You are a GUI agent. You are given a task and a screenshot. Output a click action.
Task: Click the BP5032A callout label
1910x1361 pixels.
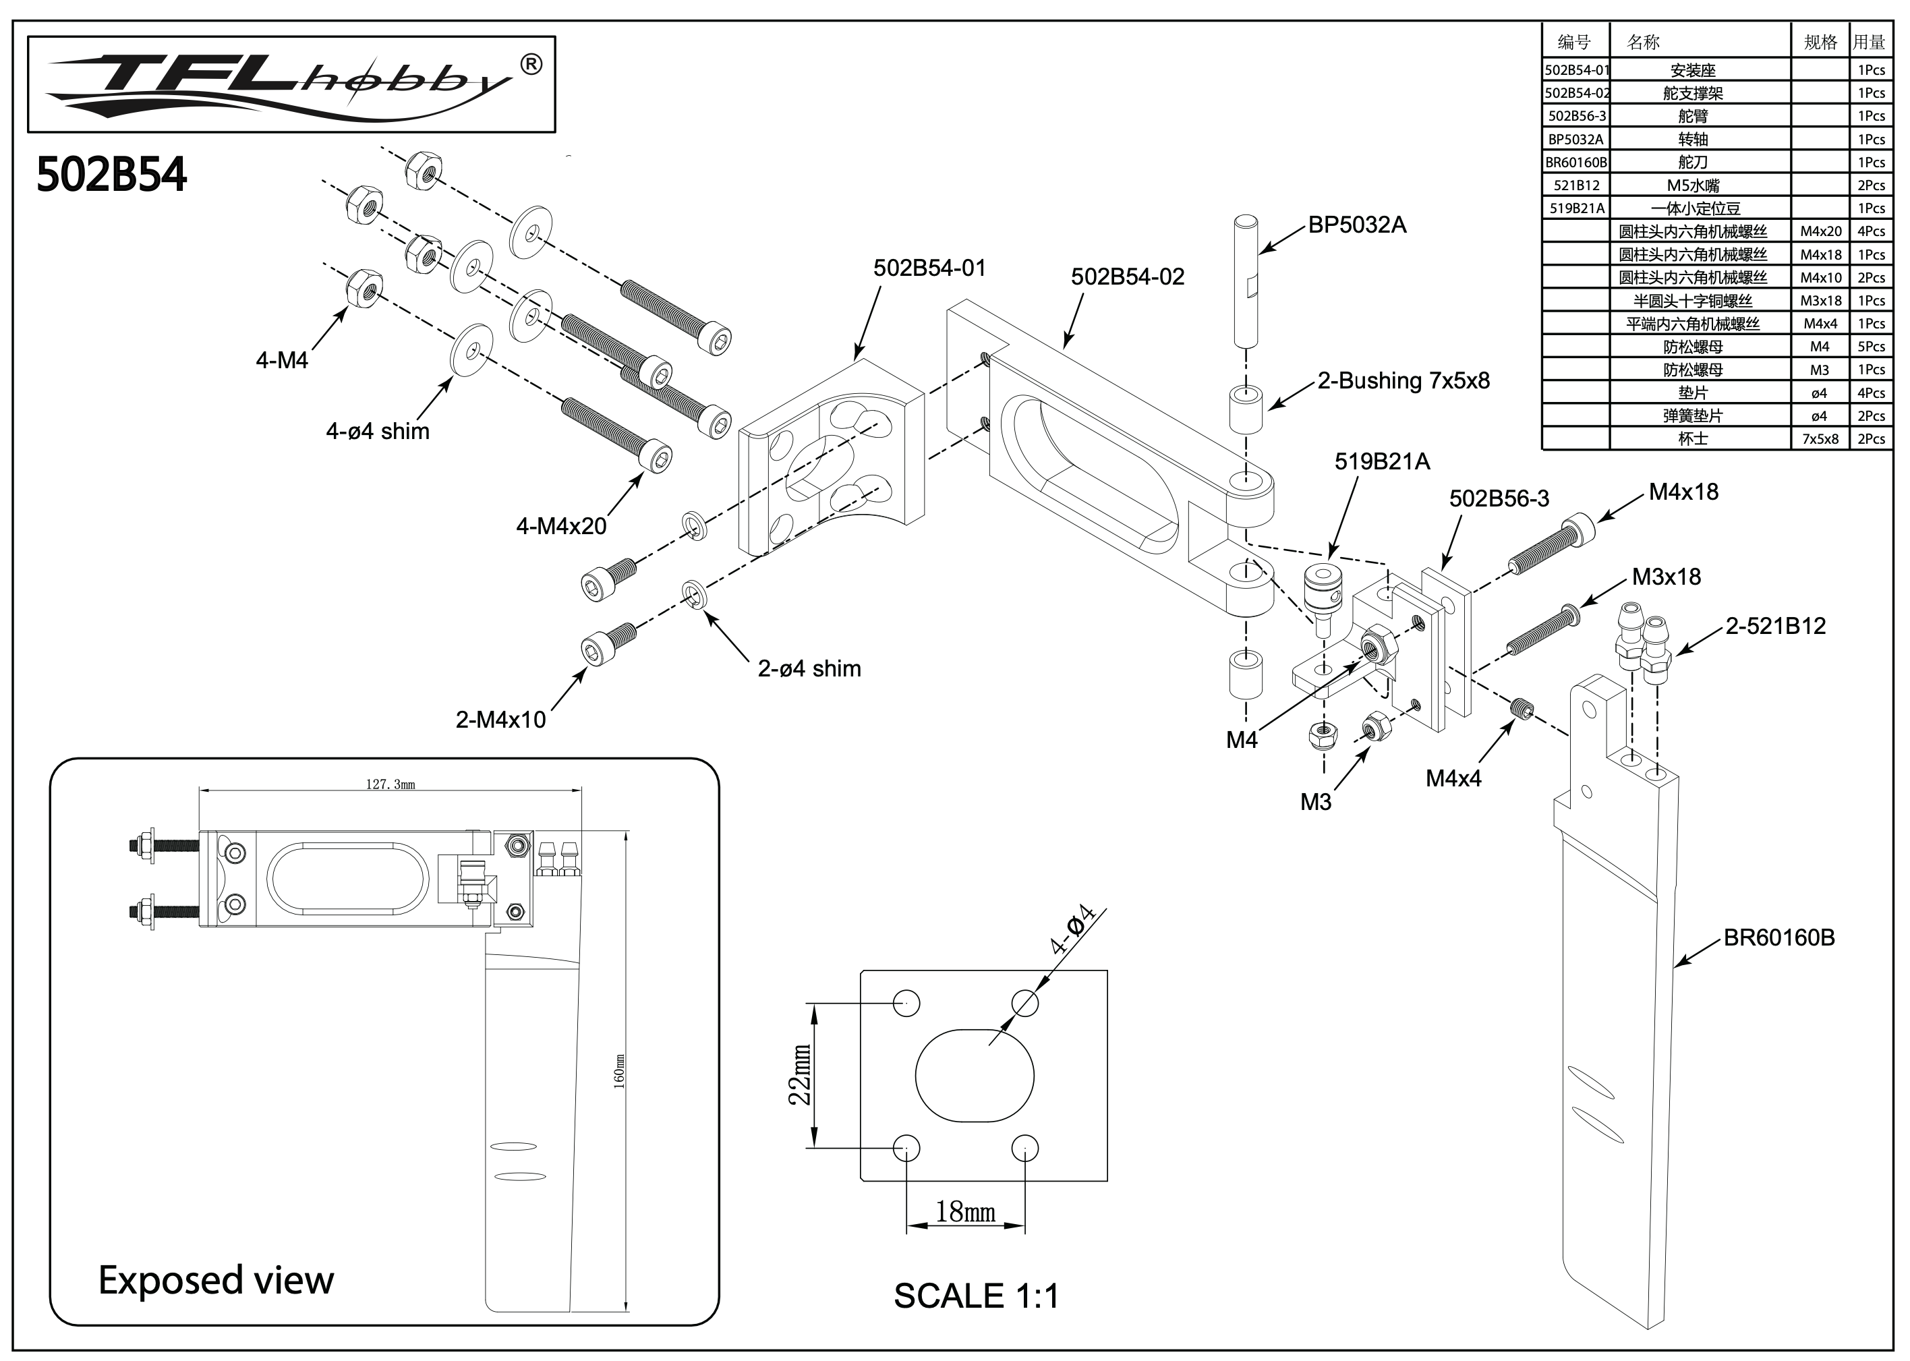tap(1357, 225)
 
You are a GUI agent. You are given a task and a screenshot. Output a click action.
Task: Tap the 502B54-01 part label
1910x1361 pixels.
tap(929, 268)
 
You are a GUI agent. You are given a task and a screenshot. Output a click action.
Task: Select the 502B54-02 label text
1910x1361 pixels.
tap(1127, 277)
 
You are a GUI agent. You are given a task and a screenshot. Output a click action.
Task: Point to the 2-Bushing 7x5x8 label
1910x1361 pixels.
tap(1403, 381)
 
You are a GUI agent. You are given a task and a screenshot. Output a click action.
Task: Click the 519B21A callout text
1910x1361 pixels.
tap(1382, 462)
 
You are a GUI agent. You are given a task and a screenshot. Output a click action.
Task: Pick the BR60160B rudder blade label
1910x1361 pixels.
tap(1778, 937)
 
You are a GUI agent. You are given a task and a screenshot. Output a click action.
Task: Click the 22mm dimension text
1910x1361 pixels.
tap(801, 1074)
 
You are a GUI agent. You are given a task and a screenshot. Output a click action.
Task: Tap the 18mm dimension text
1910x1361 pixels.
tap(966, 1213)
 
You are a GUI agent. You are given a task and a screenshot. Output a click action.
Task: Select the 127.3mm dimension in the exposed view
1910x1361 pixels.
tap(390, 785)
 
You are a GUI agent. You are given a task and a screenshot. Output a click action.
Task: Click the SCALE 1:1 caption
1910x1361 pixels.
tap(977, 1296)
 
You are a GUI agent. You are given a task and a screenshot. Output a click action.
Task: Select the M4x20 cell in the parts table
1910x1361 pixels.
tap(1820, 232)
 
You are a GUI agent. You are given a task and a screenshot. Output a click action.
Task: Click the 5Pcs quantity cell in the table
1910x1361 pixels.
tap(1871, 347)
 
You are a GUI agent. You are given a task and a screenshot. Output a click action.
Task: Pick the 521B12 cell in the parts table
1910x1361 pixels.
tap(1575, 186)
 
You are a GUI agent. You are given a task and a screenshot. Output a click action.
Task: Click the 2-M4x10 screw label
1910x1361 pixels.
tap(500, 720)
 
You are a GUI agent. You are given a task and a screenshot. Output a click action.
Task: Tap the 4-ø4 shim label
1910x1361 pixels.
tap(377, 432)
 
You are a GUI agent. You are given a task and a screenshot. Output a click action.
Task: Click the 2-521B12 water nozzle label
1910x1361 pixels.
tap(1775, 626)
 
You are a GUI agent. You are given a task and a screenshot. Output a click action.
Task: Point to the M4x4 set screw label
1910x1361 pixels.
tap(1453, 778)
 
